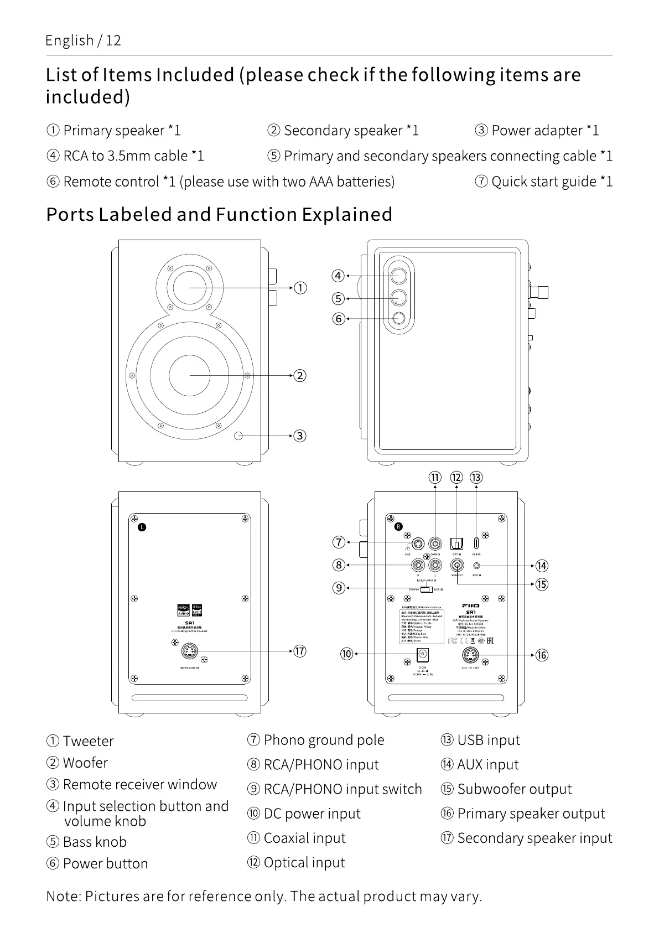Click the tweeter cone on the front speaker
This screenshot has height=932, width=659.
[x=190, y=287]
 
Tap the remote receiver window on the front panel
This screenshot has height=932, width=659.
[x=239, y=436]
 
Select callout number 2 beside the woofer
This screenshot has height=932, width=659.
[x=299, y=376]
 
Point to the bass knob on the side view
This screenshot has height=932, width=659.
[x=398, y=298]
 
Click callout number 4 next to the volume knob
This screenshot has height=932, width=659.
[x=338, y=276]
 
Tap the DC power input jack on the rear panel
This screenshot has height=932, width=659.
[x=423, y=655]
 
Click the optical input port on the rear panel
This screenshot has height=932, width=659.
[x=456, y=543]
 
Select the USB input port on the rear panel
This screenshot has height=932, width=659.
[x=476, y=543]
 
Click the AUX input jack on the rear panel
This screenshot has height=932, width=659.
[x=478, y=566]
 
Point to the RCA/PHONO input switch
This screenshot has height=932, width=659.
[x=426, y=588]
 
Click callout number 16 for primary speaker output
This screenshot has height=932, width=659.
[x=541, y=655]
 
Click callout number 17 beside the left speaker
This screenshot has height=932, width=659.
[x=299, y=651]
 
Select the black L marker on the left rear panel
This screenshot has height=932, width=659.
[x=142, y=527]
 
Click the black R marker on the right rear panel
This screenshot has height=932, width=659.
[x=398, y=526]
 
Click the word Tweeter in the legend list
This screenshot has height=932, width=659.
[x=88, y=741]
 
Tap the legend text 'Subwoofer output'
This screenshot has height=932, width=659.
[x=514, y=789]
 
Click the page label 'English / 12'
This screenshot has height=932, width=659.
[x=83, y=40]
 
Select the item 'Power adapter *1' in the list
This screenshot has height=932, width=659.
[x=544, y=131]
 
